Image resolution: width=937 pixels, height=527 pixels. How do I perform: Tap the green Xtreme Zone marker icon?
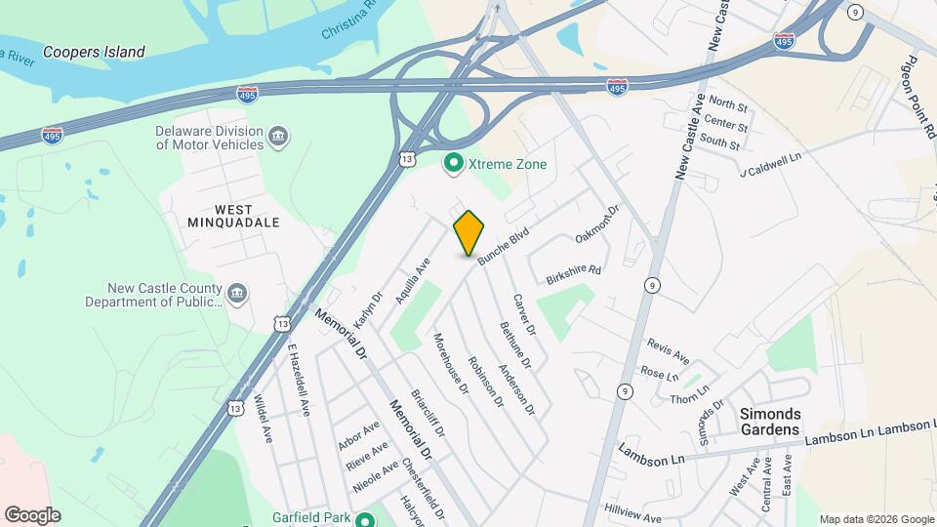click(453, 164)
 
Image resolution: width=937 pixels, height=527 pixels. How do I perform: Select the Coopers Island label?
click(94, 52)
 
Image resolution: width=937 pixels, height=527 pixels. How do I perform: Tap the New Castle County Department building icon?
click(237, 294)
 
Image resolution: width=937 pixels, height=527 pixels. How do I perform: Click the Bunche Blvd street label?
click(503, 244)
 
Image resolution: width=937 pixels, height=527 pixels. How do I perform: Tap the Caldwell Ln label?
click(771, 164)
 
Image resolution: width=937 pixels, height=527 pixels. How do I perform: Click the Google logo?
click(32, 514)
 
